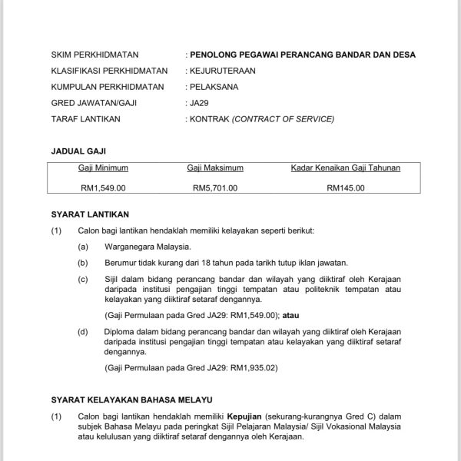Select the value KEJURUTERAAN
point(224,71)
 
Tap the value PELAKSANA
point(214,88)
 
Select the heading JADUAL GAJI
point(76,151)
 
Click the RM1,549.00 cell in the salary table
point(103,187)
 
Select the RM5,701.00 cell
point(215,187)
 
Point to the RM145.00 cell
point(345,187)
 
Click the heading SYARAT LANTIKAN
point(90,214)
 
